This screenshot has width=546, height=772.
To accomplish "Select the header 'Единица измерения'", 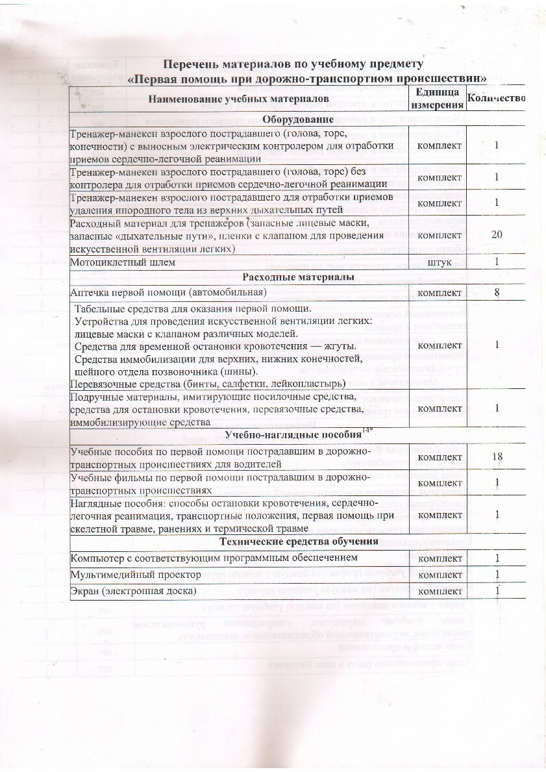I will (439, 99).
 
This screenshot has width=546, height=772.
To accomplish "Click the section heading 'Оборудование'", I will (299, 119).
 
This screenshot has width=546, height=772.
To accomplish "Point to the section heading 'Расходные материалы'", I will (298, 277).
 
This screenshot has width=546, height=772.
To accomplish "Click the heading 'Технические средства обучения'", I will (299, 542).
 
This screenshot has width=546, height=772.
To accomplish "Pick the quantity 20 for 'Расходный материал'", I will (497, 234).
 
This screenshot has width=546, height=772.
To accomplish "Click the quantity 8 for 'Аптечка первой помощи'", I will (497, 293).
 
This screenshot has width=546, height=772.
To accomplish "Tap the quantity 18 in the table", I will (497, 457).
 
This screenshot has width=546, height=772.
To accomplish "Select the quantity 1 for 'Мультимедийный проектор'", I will (497, 575).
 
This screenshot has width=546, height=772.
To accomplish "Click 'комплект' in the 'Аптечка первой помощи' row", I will (440, 293).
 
